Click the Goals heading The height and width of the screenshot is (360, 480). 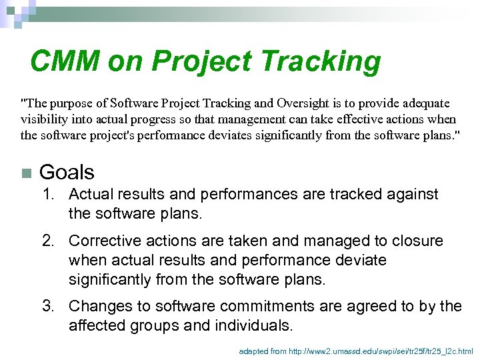67,173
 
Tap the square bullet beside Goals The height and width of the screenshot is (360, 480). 26,173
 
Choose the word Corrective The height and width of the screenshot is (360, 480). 100,241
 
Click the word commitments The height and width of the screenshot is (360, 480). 265,306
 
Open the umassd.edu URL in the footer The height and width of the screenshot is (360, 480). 381,350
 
